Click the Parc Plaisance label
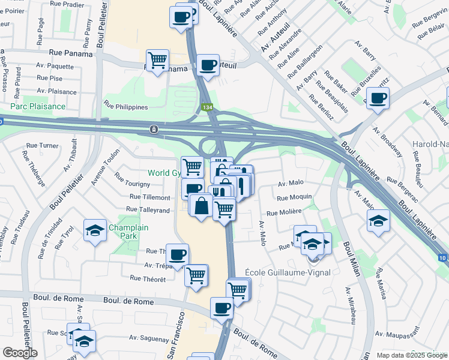37,106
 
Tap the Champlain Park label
124,232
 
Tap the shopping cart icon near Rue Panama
157,60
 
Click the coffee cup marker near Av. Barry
378,98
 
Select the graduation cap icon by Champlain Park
95,230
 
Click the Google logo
19,353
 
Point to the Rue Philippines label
126,107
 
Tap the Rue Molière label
283,212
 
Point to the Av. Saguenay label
148,340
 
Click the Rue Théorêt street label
147,278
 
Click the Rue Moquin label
294,197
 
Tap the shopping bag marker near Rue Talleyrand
200,206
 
